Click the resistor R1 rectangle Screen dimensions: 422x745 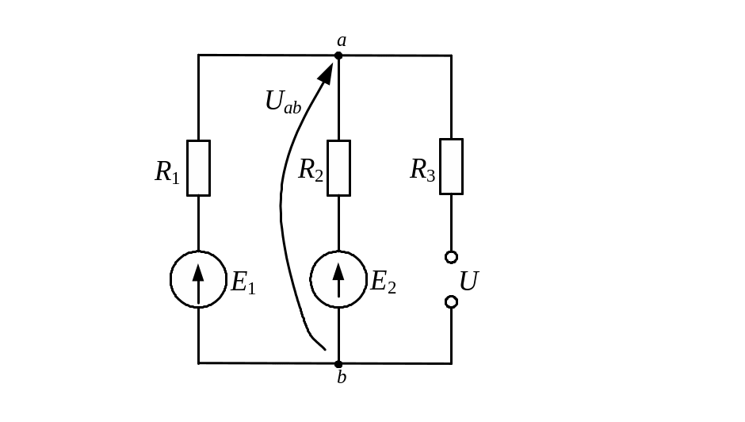tap(198, 167)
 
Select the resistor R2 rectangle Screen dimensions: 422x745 tap(338, 167)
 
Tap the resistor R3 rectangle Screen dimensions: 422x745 tap(452, 166)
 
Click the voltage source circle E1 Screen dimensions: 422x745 tap(198, 279)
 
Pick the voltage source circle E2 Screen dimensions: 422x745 tap(338, 279)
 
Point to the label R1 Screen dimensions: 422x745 tap(167, 172)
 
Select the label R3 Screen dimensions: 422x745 tap(422, 170)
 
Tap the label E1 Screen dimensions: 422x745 tap(243, 282)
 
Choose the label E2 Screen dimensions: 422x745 tap(383, 282)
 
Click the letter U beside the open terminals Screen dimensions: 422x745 tap(469, 281)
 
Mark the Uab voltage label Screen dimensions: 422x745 tap(283, 101)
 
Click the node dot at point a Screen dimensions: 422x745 tap(338, 56)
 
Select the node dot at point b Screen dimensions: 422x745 tap(338, 364)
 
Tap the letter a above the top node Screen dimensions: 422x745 tap(342, 40)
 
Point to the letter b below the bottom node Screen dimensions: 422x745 tap(342, 378)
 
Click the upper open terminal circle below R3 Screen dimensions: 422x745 tap(452, 257)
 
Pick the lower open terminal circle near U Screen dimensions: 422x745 tap(452, 302)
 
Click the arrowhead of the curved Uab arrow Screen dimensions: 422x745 tap(327, 72)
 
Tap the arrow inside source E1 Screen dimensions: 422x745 tap(198, 279)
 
